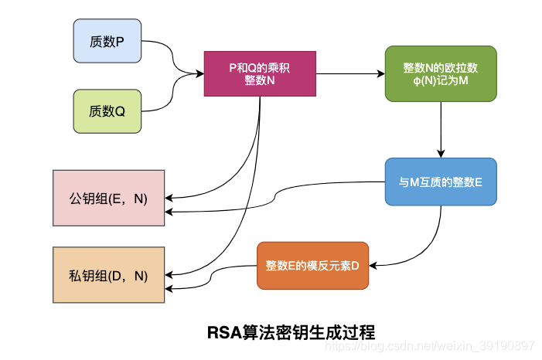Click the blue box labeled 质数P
[107, 42]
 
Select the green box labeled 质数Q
[107, 111]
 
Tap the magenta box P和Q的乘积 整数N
[260, 74]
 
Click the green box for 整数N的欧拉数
[441, 74]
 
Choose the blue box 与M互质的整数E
[441, 183]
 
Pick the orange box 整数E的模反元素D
[313, 266]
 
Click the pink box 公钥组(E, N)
[108, 198]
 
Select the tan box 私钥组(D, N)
[108, 275]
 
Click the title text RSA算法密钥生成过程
[291, 332]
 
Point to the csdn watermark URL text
[429, 346]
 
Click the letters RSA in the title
[223, 332]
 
